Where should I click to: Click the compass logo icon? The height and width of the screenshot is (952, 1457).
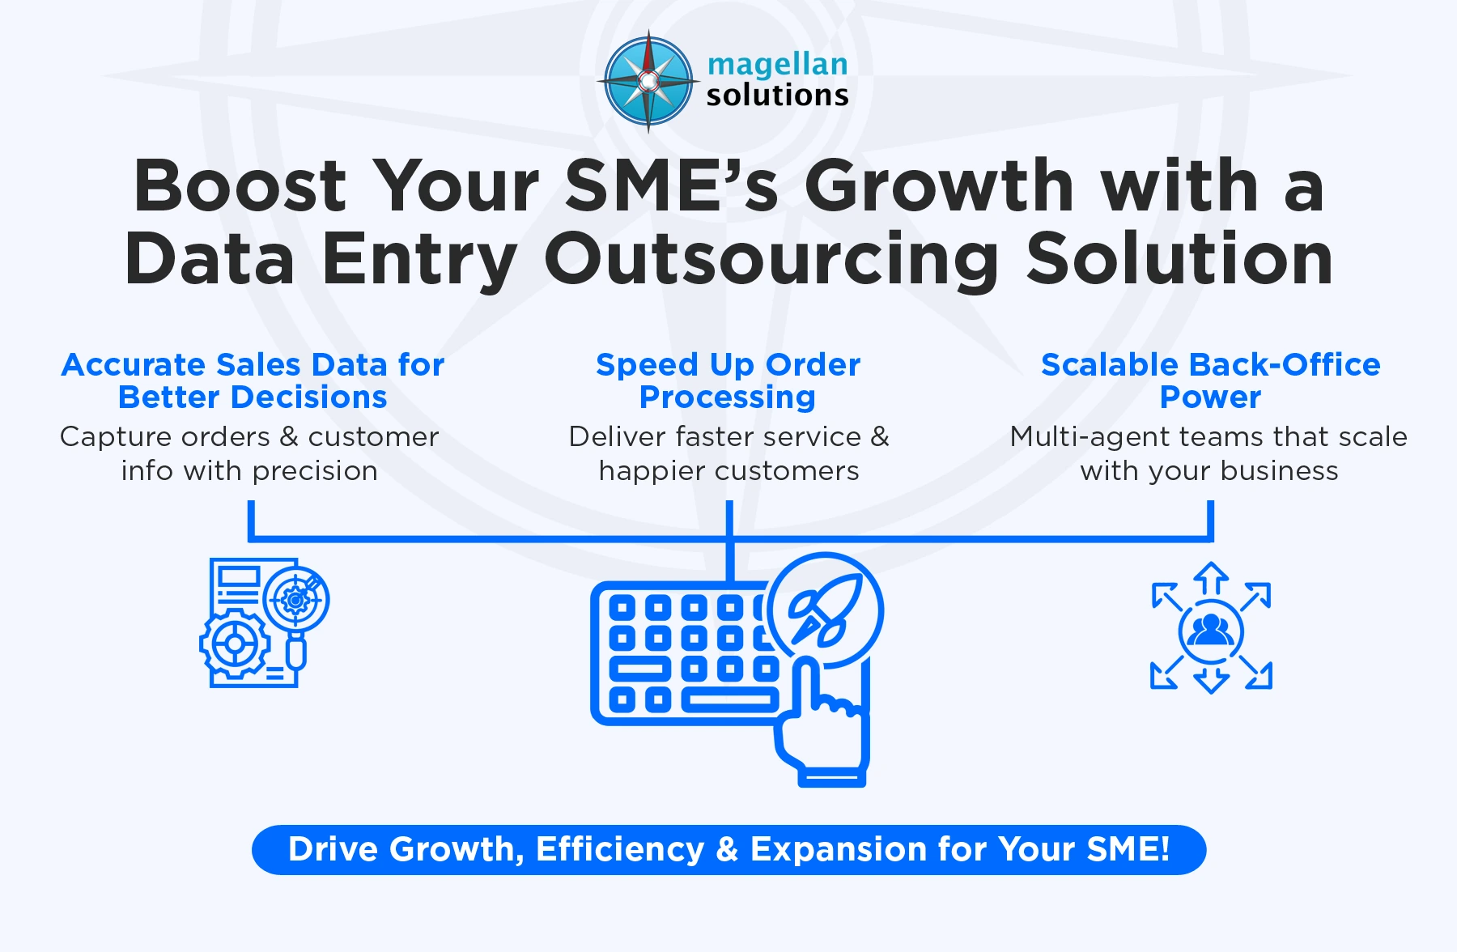[x=648, y=81]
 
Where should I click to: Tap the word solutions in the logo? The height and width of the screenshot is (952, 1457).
[x=777, y=96]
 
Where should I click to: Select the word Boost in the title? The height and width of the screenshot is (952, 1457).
[x=240, y=186]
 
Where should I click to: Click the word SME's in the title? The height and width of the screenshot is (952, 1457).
[x=671, y=186]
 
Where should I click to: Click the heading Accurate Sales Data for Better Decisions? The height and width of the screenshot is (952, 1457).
[x=253, y=380]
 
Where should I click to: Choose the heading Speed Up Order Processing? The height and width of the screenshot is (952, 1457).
[x=728, y=380]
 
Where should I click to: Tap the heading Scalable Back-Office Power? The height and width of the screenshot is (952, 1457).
[x=1210, y=380]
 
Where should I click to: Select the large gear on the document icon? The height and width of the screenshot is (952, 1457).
[x=235, y=645]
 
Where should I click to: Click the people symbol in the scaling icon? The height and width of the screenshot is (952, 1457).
[x=1211, y=630]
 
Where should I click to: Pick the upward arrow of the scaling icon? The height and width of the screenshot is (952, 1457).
[x=1211, y=578]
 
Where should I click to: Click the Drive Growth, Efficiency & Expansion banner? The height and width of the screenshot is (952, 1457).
[x=728, y=850]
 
